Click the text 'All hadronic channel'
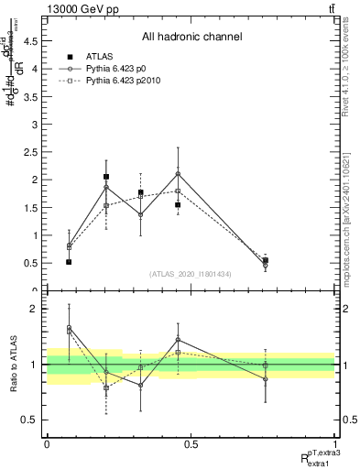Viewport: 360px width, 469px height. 191,38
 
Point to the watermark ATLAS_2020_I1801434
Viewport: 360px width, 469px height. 191,273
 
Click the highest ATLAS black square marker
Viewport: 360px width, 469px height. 106,177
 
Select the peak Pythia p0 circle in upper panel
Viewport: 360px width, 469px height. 178,173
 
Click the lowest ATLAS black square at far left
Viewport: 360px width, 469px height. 69,262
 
